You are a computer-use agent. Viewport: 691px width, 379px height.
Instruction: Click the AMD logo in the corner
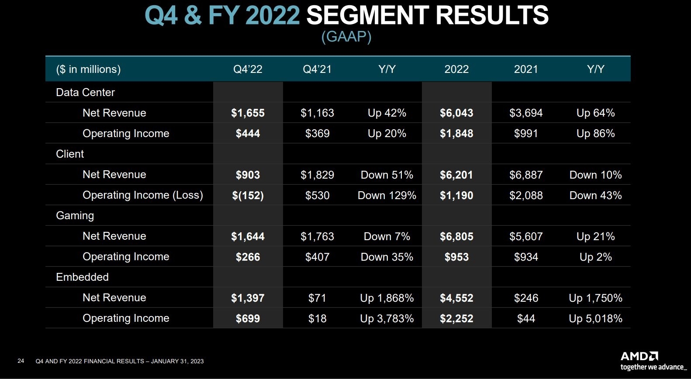tap(639, 356)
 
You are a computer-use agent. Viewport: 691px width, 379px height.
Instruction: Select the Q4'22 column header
tap(248, 69)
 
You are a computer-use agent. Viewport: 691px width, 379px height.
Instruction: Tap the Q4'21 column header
tap(317, 69)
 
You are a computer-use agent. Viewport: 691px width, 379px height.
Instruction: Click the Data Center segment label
tap(85, 92)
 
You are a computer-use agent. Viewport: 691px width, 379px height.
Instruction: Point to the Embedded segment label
tap(82, 277)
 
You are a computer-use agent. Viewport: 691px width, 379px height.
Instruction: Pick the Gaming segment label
tap(75, 215)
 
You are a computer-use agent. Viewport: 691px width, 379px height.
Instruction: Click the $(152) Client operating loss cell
tap(248, 195)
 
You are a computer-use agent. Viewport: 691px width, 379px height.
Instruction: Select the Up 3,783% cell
tap(387, 318)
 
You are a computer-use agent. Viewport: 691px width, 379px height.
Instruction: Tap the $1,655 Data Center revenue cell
tap(248, 113)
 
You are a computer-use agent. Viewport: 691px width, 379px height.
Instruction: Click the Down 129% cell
tap(387, 195)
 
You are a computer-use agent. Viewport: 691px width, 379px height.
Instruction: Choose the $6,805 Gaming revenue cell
tap(456, 236)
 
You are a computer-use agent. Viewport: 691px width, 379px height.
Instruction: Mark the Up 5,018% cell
tap(595, 318)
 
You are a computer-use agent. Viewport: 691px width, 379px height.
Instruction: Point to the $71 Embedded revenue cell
tap(317, 298)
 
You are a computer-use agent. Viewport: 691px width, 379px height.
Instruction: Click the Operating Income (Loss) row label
tap(143, 195)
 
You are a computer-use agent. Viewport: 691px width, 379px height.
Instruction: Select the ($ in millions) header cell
tap(88, 69)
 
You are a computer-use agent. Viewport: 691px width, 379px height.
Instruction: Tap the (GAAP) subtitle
tap(346, 36)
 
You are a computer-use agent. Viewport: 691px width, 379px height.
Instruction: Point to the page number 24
tap(21, 361)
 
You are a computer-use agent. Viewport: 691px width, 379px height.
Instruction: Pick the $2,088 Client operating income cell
tap(526, 195)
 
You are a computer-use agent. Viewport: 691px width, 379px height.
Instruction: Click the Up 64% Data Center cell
tap(595, 113)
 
